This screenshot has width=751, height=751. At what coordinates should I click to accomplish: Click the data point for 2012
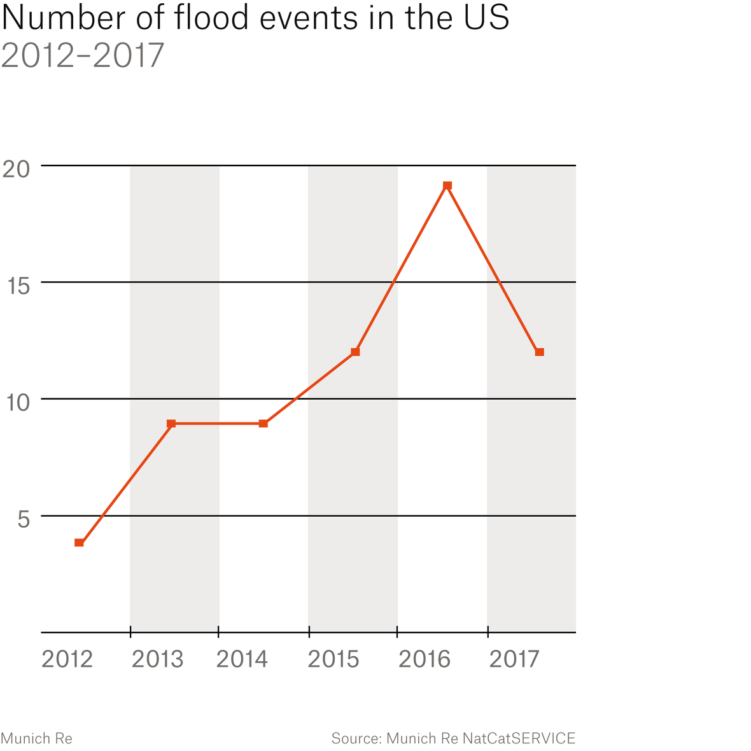tap(79, 542)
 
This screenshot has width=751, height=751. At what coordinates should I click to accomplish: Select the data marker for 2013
tap(171, 423)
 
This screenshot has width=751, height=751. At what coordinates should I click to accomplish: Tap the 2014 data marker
tap(263, 423)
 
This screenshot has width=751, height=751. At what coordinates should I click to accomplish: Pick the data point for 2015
tap(355, 352)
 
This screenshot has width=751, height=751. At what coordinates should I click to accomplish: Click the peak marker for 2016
tap(447, 186)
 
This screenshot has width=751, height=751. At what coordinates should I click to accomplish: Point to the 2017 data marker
tap(539, 352)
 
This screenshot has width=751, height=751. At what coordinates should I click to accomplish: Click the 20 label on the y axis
tap(17, 169)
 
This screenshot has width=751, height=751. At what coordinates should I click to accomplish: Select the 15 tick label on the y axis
tap(18, 286)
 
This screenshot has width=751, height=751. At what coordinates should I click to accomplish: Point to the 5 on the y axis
tap(24, 519)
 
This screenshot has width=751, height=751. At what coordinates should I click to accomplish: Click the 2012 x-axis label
tap(67, 659)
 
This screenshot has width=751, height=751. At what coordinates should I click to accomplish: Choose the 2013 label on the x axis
tap(157, 659)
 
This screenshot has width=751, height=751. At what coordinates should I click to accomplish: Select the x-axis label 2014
tap(242, 659)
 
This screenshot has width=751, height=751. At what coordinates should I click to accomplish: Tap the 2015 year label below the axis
tap(333, 659)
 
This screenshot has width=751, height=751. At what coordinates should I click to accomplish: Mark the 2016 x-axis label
tap(425, 659)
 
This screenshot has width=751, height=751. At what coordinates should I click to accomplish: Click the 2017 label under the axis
tap(514, 659)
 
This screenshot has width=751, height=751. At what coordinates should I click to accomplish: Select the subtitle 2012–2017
tap(83, 56)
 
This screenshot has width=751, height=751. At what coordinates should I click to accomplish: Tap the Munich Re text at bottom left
tap(36, 738)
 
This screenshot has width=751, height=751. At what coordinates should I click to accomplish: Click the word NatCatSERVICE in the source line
tap(519, 738)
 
